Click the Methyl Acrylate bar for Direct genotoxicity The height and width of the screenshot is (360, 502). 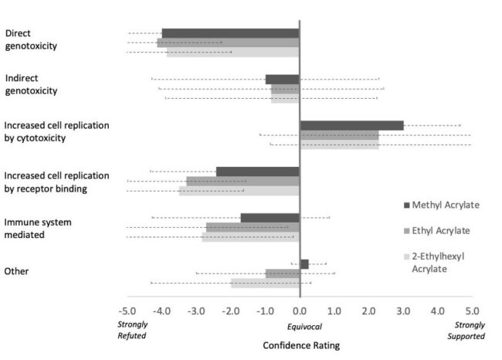pyautogui.click(x=230, y=33)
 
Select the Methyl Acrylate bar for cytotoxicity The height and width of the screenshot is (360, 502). pyautogui.click(x=351, y=125)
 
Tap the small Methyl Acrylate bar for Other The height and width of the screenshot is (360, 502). pyautogui.click(x=304, y=264)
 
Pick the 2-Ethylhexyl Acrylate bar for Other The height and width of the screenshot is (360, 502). pyautogui.click(x=265, y=283)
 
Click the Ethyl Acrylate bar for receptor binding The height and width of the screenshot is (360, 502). pyautogui.click(x=243, y=182)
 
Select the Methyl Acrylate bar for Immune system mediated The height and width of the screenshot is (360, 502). pyautogui.click(x=270, y=218)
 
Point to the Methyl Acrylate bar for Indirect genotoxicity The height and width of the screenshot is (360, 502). pyautogui.click(x=282, y=80)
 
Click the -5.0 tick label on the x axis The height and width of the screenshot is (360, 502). pyautogui.click(x=128, y=311)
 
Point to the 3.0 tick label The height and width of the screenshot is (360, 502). pyautogui.click(x=402, y=311)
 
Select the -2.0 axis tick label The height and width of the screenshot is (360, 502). pyautogui.click(x=231, y=311)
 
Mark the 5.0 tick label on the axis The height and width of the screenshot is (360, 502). pyautogui.click(x=471, y=311)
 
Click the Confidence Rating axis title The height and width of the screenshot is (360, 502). pyautogui.click(x=300, y=345)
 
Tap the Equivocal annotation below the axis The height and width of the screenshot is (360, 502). pyautogui.click(x=300, y=326)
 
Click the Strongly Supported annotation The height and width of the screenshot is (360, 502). pyautogui.click(x=470, y=331)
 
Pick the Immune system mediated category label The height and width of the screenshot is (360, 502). pyautogui.click(x=38, y=228)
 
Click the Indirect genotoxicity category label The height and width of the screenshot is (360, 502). pyautogui.click(x=31, y=84)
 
